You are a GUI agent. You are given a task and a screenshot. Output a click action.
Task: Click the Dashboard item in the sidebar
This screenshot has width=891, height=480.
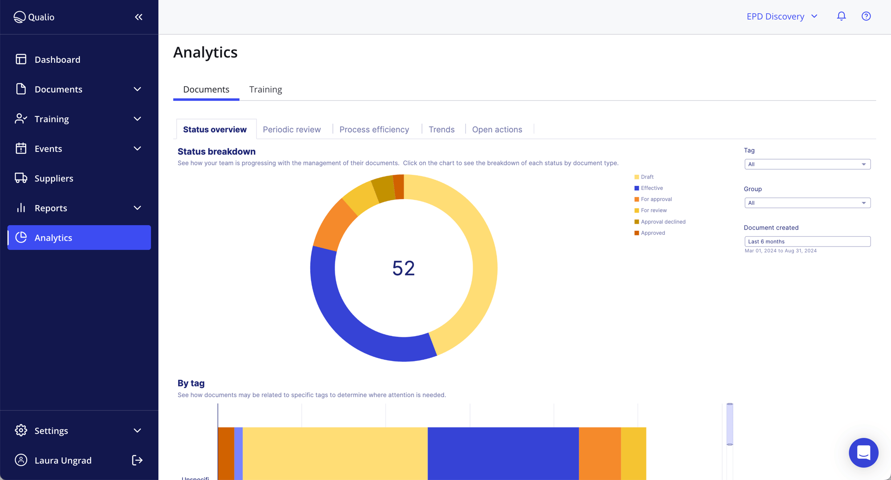(x=57, y=59)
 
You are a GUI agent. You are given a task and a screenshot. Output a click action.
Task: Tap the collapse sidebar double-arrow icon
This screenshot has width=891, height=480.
(x=139, y=17)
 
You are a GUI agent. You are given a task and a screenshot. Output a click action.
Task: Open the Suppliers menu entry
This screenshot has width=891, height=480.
(x=53, y=178)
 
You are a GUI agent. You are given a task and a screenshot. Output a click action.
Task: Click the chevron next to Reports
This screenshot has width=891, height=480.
(x=137, y=208)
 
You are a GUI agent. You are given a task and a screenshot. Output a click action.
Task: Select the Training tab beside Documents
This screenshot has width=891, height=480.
(x=266, y=89)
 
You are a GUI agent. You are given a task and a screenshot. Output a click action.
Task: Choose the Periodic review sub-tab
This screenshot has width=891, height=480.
(x=292, y=129)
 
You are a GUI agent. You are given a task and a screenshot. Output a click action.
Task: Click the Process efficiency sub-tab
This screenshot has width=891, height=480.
(x=374, y=129)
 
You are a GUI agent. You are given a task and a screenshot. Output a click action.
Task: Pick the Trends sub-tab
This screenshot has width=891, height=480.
(x=441, y=129)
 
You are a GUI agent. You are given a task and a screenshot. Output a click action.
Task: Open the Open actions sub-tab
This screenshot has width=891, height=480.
(x=497, y=129)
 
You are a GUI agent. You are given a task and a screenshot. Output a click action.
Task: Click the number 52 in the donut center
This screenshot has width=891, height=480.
(x=404, y=268)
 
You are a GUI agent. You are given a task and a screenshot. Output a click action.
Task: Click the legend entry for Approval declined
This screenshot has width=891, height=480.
(x=662, y=222)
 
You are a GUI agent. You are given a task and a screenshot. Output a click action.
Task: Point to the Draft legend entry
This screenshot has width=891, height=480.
(x=647, y=177)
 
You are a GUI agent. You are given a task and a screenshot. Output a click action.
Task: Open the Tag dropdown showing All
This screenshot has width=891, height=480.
(x=807, y=164)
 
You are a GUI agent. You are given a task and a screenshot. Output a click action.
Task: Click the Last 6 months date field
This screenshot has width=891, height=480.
(x=807, y=242)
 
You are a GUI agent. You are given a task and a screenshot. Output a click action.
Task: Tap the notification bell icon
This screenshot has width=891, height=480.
(x=841, y=16)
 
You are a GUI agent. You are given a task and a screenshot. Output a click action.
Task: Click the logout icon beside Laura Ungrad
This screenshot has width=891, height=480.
(x=137, y=460)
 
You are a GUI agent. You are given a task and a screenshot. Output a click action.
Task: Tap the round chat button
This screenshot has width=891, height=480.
(x=863, y=452)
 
